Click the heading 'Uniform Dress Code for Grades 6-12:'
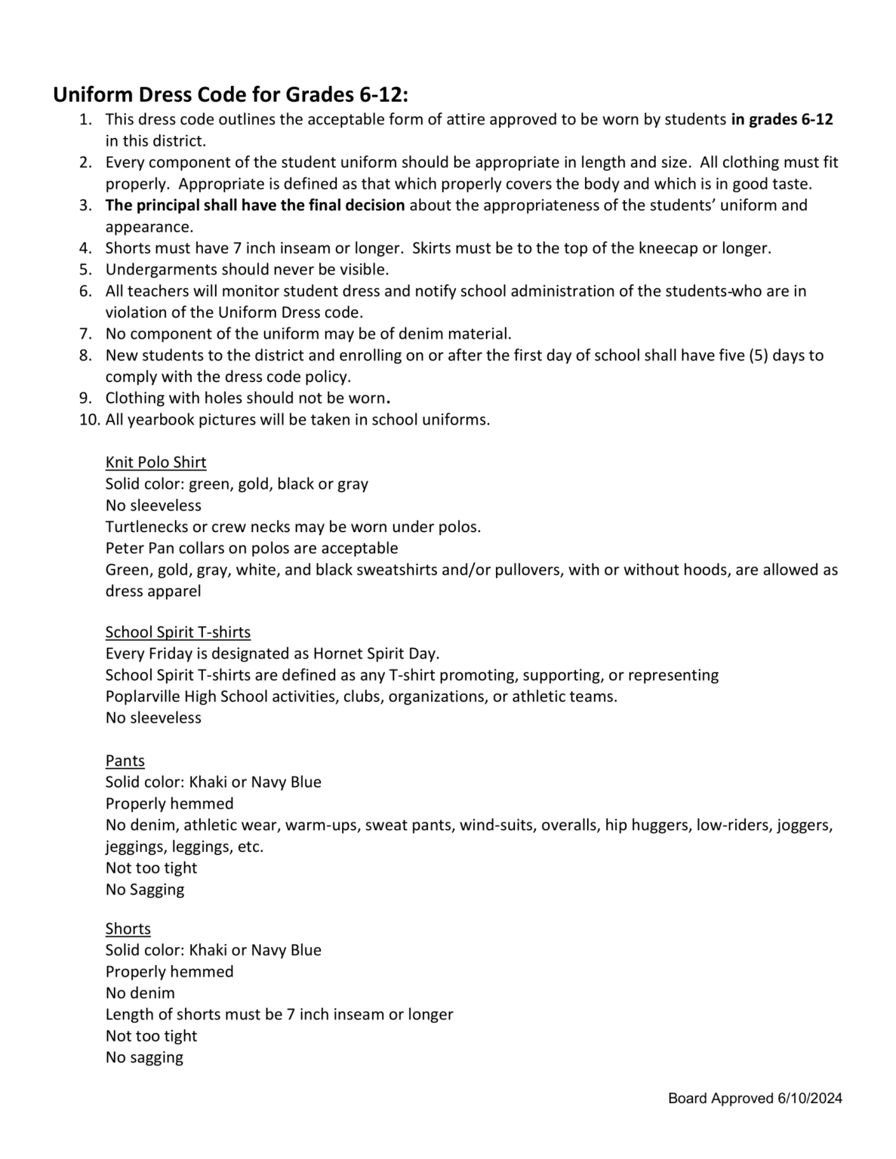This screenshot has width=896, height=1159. (x=231, y=95)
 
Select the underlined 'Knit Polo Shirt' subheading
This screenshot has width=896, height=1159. (x=155, y=462)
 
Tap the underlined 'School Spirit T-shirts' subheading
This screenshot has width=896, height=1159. (x=178, y=632)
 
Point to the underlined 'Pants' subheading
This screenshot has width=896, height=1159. (x=125, y=760)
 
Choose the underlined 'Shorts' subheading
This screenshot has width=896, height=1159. (x=128, y=928)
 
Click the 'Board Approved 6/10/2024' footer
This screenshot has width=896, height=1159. (x=755, y=1098)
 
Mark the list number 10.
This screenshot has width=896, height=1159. (x=89, y=420)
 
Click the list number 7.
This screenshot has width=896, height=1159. (x=85, y=334)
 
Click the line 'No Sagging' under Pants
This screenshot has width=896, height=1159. (x=145, y=889)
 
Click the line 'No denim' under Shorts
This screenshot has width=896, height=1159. (x=140, y=992)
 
